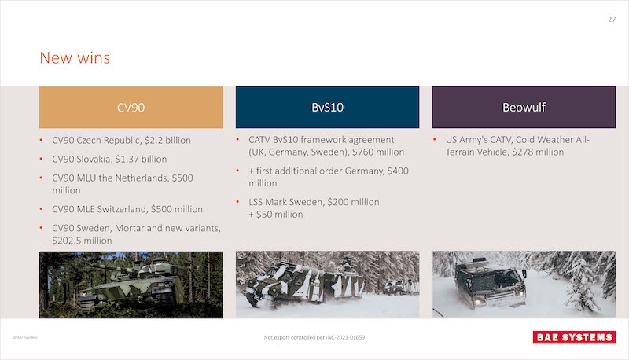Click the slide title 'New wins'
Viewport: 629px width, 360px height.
tap(75, 57)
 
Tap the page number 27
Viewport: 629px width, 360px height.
tap(612, 19)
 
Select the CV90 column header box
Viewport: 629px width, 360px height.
tap(131, 108)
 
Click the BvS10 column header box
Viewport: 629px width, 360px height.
tap(327, 107)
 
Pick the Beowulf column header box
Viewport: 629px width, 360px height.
tap(524, 107)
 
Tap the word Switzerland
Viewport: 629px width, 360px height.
tap(122, 209)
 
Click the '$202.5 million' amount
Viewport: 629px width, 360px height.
tap(82, 241)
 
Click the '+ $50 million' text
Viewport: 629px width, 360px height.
tap(276, 215)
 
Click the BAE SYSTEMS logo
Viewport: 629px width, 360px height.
tap(574, 337)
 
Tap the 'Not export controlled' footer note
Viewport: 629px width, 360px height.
tap(314, 337)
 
